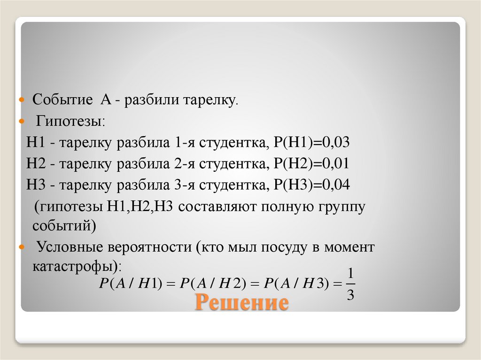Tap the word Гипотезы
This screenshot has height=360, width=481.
point(71,122)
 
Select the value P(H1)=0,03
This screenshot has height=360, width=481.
point(308,143)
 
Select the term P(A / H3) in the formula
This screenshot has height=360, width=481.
point(296,284)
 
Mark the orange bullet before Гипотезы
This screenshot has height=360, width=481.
point(21,122)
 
